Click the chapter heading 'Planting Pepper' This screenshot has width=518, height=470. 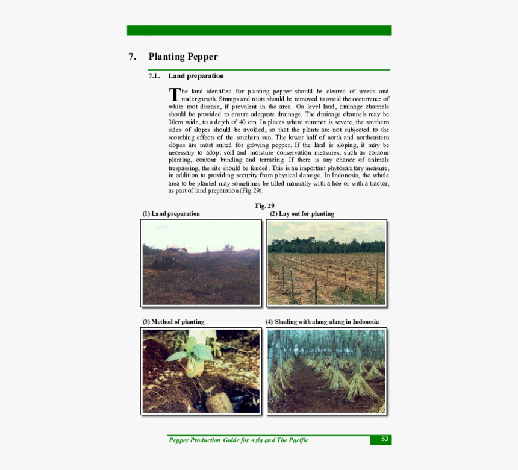[183, 57]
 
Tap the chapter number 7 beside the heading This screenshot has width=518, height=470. [132, 57]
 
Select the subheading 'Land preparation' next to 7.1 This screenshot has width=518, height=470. [196, 76]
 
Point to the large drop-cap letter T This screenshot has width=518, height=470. [174, 95]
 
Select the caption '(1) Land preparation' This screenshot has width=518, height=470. [171, 214]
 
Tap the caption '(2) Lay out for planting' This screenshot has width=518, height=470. [302, 214]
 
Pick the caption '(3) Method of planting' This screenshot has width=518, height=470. [173, 322]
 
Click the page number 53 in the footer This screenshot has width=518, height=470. [385, 440]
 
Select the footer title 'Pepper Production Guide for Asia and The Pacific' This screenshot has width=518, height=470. [239, 440]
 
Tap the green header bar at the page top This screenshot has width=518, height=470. [259, 30]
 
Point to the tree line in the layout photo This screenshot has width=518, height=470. [326, 246]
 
